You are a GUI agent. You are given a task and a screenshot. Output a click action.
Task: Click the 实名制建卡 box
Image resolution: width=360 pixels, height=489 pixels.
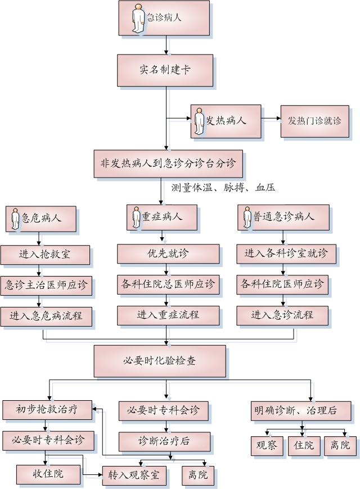tap(165, 70)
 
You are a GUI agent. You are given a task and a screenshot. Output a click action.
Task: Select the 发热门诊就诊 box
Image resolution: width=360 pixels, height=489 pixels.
tap(314, 121)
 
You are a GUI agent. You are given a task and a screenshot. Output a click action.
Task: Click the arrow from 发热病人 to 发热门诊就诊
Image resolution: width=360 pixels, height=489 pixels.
tap(271, 119)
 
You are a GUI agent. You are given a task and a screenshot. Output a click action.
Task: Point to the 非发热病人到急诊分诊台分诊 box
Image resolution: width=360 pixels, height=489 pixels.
tap(168, 164)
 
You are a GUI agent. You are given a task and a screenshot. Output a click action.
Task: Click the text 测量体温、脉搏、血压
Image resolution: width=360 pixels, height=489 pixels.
tap(223, 187)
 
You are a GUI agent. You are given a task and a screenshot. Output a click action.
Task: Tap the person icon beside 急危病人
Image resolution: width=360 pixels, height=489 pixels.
tap(14, 218)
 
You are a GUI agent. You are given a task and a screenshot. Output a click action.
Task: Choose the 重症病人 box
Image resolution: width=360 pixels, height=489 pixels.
tap(161, 216)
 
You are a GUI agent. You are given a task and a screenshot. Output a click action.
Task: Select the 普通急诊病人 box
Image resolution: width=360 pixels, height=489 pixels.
tap(283, 216)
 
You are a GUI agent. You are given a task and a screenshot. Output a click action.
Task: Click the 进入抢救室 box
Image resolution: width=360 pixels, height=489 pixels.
tap(45, 254)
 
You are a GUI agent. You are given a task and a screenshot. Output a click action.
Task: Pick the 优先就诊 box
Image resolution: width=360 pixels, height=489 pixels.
tap(168, 253)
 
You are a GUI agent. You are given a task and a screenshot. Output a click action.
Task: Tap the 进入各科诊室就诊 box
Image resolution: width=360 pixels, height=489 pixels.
tap(286, 253)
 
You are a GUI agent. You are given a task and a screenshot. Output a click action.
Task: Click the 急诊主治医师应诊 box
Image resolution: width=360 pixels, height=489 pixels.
tap(46, 285)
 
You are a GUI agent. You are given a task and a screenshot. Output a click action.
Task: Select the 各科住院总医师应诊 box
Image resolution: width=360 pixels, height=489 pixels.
tap(168, 284)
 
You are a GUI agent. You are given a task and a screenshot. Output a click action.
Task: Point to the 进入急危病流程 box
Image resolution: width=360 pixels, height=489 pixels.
tap(46, 316)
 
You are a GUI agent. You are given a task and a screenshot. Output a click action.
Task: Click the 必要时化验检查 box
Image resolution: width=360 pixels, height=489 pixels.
tap(159, 361)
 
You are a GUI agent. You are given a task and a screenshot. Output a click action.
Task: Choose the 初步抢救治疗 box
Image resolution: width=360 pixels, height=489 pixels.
tap(47, 410)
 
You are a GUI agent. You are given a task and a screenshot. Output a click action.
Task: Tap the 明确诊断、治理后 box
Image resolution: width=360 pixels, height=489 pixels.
tap(301, 411)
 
